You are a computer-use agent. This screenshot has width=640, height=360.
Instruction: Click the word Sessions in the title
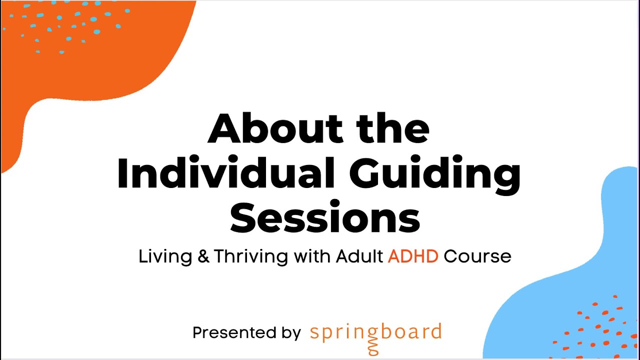pyautogui.click(x=324, y=218)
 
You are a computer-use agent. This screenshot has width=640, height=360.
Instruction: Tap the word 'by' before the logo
pyautogui.click(x=290, y=333)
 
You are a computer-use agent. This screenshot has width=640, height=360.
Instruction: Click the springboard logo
pyautogui.click(x=375, y=332)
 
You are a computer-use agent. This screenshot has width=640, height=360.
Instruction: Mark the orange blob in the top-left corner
pyautogui.click(x=75, y=75)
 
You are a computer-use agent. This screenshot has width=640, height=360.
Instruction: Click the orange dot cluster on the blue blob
pyautogui.click(x=595, y=327)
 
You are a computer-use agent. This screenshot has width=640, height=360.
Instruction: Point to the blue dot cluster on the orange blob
pyautogui.click(x=75, y=25)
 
